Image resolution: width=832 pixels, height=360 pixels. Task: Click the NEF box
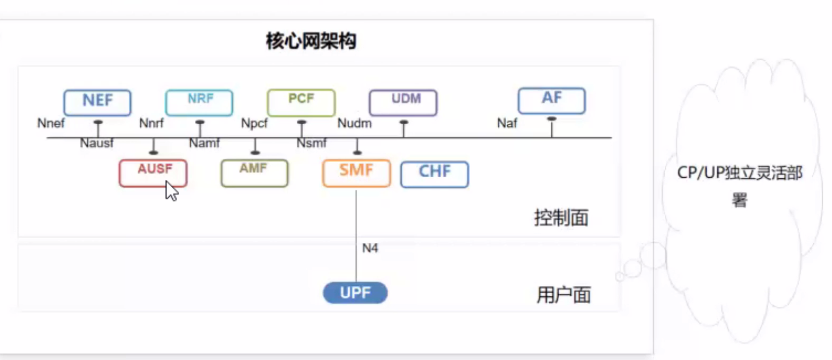[x=97, y=102]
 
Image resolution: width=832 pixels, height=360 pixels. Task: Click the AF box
[x=551, y=100]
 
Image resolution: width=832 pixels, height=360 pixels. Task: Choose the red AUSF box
[x=153, y=172]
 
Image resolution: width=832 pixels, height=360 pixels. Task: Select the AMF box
[x=254, y=172]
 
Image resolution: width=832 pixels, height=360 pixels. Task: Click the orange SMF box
[x=356, y=172]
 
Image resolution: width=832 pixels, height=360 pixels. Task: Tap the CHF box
[x=434, y=173]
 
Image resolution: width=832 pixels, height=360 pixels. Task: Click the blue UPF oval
[x=354, y=293]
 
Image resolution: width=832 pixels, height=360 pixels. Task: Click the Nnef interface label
[x=50, y=124]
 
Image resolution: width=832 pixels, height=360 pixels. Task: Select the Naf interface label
[x=507, y=124]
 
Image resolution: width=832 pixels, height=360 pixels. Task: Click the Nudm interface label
[x=355, y=124]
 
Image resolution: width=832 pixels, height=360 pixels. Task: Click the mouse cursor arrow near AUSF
[x=172, y=190]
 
